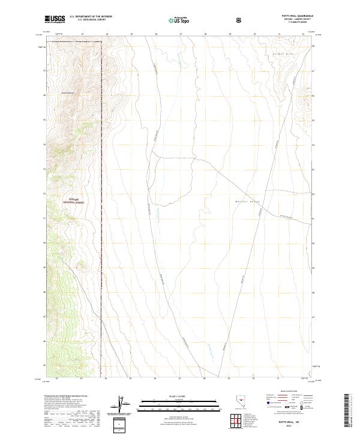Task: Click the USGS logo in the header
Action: [x=55, y=19]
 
